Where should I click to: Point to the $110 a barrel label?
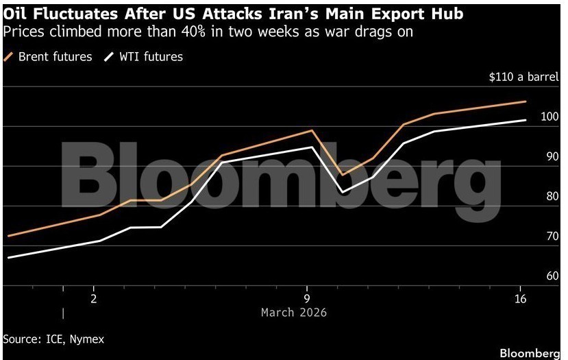[x=523, y=77]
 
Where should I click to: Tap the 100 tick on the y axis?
[x=550, y=117]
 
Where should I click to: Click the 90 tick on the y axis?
[x=552, y=157]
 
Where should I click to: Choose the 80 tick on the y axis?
[x=552, y=197]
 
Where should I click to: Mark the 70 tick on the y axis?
[x=552, y=237]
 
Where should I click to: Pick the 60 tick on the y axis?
[x=552, y=276]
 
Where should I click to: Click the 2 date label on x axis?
[x=94, y=299]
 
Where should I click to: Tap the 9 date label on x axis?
[x=307, y=299]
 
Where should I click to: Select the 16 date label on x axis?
[x=520, y=299]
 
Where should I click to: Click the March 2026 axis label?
[x=293, y=313]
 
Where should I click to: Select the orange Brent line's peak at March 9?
[x=312, y=130]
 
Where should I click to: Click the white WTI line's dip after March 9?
[x=342, y=192]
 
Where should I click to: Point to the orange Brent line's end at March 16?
[x=526, y=101]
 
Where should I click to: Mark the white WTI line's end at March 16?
[x=526, y=120]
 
